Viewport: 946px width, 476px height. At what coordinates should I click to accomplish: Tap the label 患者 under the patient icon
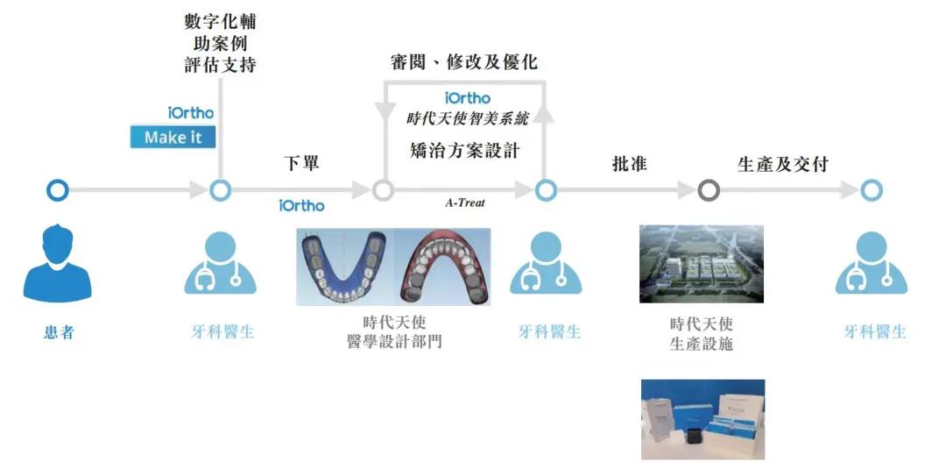[x=59, y=331]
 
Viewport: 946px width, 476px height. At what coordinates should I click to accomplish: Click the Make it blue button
[x=173, y=137]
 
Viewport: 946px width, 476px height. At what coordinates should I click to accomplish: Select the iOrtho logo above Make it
[x=191, y=113]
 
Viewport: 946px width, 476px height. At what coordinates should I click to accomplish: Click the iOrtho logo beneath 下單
[x=301, y=206]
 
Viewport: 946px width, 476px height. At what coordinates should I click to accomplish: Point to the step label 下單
[x=301, y=163]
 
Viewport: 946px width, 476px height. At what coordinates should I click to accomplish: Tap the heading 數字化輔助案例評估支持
[x=220, y=43]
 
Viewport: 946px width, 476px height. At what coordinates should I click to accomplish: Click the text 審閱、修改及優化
[x=464, y=61]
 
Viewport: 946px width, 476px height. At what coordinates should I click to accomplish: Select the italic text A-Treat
[x=465, y=203]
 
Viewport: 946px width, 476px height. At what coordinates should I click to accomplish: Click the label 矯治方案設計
[x=464, y=151]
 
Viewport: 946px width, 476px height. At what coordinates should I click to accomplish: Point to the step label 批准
[x=629, y=164]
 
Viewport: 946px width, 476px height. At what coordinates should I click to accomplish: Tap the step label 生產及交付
[x=782, y=164]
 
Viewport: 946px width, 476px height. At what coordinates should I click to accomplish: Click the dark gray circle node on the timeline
[x=709, y=191]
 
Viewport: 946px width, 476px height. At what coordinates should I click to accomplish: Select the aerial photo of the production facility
[x=702, y=264]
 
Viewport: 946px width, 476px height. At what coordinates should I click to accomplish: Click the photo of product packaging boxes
[x=702, y=419]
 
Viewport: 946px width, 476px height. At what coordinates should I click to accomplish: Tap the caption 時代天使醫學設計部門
[x=394, y=332]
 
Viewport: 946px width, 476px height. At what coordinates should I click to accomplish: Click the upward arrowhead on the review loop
[x=545, y=114]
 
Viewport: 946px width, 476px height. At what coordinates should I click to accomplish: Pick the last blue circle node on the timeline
[x=872, y=191]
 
